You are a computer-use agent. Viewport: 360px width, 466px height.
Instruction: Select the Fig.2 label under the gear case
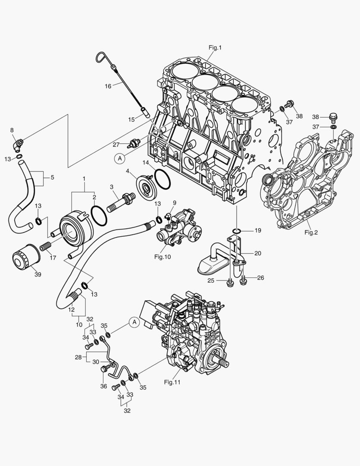tap(311, 232)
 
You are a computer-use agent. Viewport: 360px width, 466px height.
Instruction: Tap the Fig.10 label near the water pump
tap(163, 257)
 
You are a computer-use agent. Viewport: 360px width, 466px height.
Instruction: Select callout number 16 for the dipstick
tap(108, 86)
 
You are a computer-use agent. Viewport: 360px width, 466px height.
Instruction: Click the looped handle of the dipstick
tap(102, 57)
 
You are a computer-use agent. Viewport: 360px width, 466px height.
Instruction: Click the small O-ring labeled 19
tap(235, 232)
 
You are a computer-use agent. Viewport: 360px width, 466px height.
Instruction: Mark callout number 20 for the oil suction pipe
tap(257, 253)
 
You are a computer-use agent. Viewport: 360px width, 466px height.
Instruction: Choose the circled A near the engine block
tap(120, 159)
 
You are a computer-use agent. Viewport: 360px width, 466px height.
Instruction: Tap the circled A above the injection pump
tap(134, 322)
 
